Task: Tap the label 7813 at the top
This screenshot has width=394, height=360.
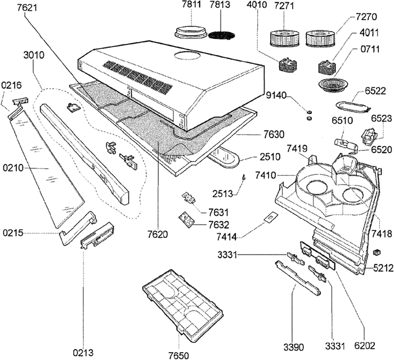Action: click(219, 6)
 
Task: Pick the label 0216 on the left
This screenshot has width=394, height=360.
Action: click(12, 85)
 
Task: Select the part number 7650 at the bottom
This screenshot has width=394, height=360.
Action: click(178, 354)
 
